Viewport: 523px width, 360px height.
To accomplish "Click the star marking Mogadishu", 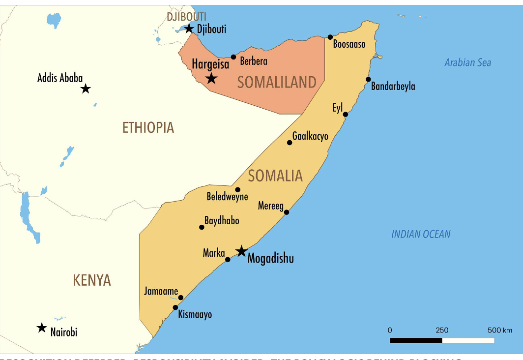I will pos(241,251).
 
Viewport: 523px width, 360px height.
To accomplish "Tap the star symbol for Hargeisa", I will pos(211,78).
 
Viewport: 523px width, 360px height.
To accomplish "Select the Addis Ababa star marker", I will pos(86,89).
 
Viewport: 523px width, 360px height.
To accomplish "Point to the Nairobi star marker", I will pos(42,328).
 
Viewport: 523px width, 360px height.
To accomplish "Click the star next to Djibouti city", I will pos(189,29).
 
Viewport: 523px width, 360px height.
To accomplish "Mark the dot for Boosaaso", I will pos(330,37).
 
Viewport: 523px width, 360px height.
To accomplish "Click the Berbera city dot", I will pos(233,57).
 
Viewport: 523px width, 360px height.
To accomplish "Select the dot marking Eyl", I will pos(346,115).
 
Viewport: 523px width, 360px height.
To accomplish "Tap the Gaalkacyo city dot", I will pos(290,143).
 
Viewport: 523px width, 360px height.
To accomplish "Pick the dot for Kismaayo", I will pos(175,307).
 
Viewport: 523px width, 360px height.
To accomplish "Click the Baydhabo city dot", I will pos(202,227).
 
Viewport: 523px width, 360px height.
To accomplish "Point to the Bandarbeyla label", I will pos(393,87).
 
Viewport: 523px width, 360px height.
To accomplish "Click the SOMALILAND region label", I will pos(277,82).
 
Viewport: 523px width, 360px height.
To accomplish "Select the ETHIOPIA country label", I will pos(148,128).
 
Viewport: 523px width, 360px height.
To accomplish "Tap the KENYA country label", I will pos(92,280).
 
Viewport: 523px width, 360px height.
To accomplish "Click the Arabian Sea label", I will pos(467,62).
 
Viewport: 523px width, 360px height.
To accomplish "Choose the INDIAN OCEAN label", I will pos(421,234).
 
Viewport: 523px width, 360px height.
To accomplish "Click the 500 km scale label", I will pos(500,330).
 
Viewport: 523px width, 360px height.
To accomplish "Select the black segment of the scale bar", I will pos(416,340).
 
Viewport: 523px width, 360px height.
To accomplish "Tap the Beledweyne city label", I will pos(227,197).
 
